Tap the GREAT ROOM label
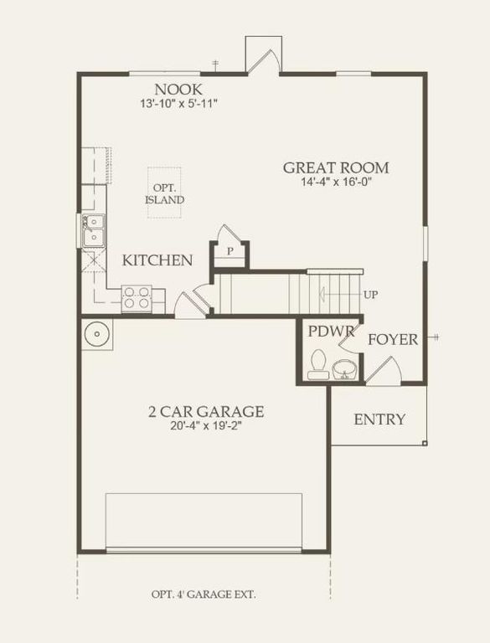pyautogui.click(x=335, y=167)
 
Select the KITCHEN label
pyautogui.click(x=157, y=260)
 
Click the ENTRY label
pyautogui.click(x=379, y=419)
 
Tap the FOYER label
pyautogui.click(x=393, y=340)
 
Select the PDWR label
pyautogui.click(x=326, y=332)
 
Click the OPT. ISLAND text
pyautogui.click(x=165, y=194)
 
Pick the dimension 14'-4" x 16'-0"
pyautogui.click(x=335, y=183)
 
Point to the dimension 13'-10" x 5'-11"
pyautogui.click(x=178, y=105)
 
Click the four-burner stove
pyautogui.click(x=137, y=298)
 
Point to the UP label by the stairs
pyautogui.click(x=371, y=296)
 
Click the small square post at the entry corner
pyautogui.click(x=425, y=443)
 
